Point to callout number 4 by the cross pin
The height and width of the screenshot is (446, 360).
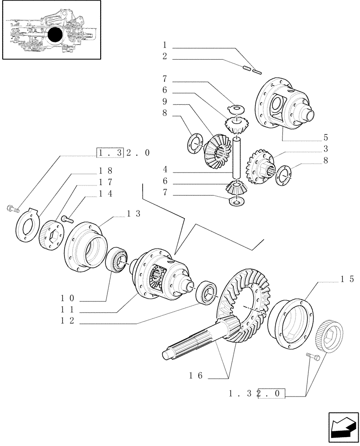[x=165, y=169]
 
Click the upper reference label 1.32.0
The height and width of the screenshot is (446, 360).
[x=123, y=153]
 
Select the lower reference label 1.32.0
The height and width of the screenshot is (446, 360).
[x=256, y=394]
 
